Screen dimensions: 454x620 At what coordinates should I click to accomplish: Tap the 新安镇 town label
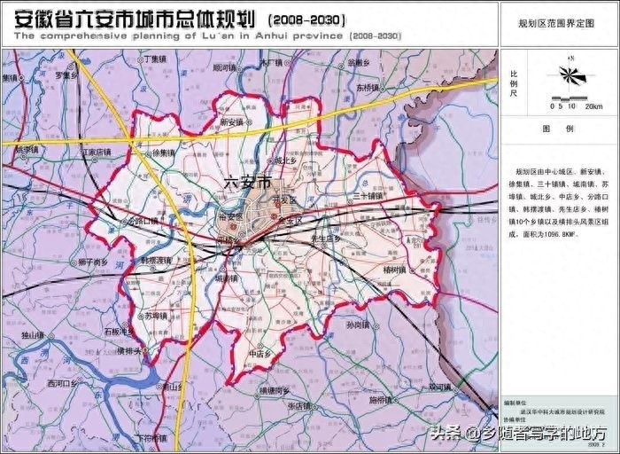point(232,122)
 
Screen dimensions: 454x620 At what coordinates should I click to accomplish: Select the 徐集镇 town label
point(165,153)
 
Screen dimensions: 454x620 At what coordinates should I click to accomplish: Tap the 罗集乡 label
point(67,76)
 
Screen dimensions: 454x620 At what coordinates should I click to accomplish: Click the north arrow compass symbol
point(572,74)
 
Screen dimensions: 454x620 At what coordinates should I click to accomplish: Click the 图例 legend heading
point(558,129)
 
